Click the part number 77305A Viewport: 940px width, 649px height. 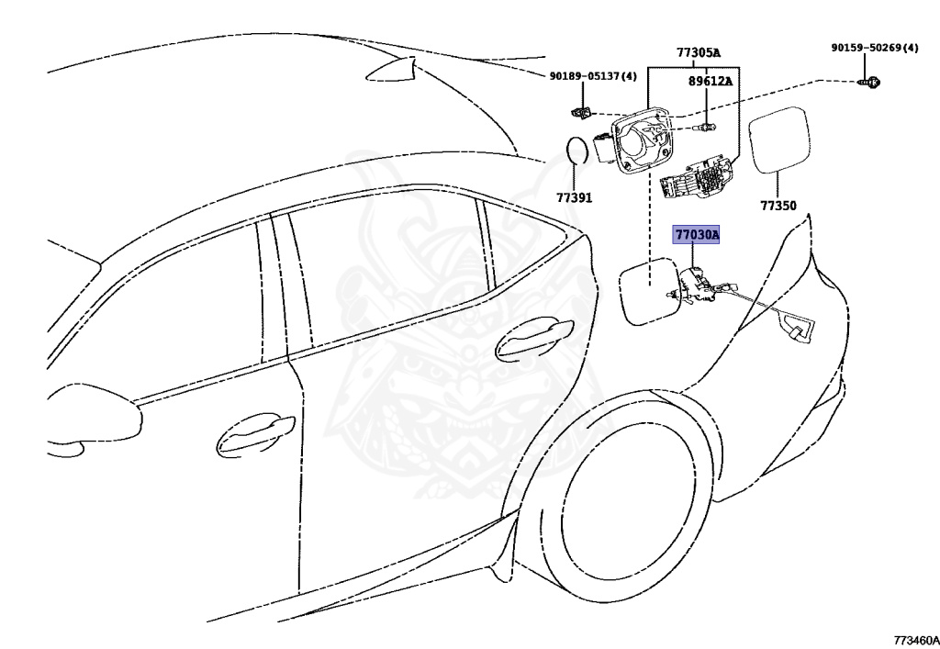coord(698,52)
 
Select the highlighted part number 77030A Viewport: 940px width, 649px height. coord(698,236)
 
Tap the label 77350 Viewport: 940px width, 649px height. coord(778,207)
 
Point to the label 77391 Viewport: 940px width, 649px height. coord(574,197)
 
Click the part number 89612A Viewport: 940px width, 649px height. coord(711,81)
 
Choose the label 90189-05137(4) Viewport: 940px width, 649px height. coord(593,76)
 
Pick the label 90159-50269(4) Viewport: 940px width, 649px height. coord(875,48)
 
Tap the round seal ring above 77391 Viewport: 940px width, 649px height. coord(576,151)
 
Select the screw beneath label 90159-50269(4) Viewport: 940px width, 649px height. coord(871,83)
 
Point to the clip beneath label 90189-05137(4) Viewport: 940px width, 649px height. coord(580,112)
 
